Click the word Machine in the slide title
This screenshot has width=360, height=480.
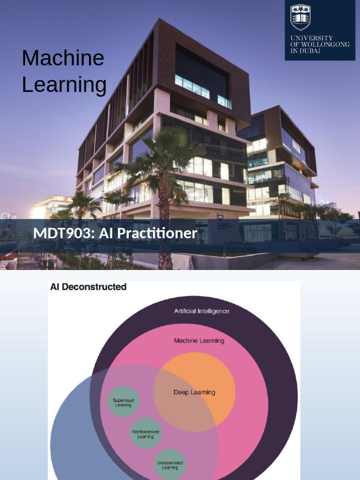(63, 58)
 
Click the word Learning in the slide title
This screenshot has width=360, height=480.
(64, 85)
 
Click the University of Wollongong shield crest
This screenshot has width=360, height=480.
(300, 17)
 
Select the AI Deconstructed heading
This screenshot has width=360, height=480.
(88, 287)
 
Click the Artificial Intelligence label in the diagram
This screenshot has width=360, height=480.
(202, 311)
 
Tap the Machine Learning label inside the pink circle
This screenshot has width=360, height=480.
(199, 341)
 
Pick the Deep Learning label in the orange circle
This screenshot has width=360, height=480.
(194, 392)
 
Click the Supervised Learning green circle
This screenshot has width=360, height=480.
(123, 402)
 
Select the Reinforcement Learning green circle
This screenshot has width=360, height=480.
(145, 433)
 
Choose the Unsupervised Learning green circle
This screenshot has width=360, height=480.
(170, 464)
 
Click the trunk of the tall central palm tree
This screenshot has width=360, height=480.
(164, 225)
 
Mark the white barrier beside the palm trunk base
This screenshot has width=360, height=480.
(183, 261)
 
